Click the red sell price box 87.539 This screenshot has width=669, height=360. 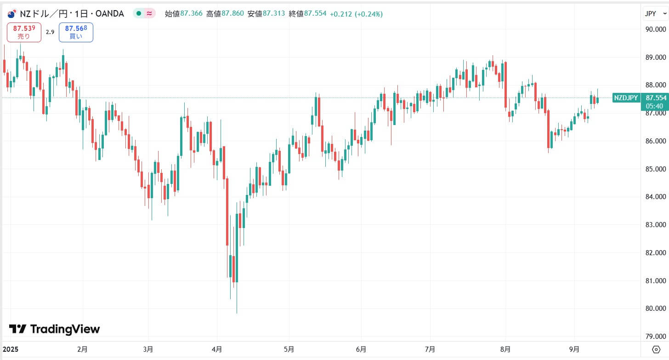pos(24,32)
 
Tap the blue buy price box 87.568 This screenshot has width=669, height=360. pos(76,32)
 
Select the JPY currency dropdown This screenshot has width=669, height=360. pos(655,14)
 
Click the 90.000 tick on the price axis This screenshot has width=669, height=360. pos(655,29)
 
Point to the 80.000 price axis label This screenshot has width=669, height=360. pos(655,309)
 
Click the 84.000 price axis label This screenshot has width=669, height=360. pos(655,197)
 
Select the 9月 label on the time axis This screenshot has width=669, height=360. pos(575,349)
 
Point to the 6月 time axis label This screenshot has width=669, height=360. pos(361,349)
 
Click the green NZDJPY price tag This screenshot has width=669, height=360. pos(626,97)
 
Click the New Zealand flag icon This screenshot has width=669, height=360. pos(11,14)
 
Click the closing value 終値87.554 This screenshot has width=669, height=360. pos(307,14)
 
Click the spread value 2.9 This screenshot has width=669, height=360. pos(50,32)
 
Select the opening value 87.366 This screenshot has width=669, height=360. pos(183,14)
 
